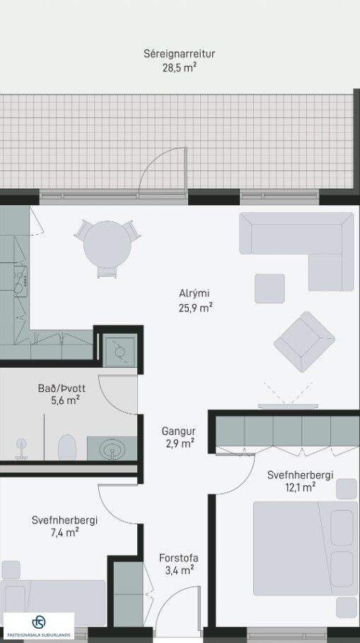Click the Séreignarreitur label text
pyautogui.click(x=179, y=54)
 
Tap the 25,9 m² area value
pyautogui.click(x=195, y=308)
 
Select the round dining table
pyautogui.click(x=108, y=245)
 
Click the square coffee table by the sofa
pyautogui.click(x=269, y=289)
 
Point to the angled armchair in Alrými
pyautogui.click(x=304, y=342)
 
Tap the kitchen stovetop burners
pyautogui.click(x=20, y=281)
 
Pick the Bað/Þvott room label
pyautogui.click(x=62, y=388)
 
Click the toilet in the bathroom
pyautogui.click(x=67, y=447)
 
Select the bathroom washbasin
pyautogui.click(x=112, y=448)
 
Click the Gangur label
pyautogui.click(x=178, y=431)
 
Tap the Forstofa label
pyautogui.click(x=178, y=557)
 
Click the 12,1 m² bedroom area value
pyautogui.click(x=301, y=487)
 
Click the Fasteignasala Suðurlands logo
pyautogui.click(x=39, y=626)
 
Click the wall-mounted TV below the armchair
pyautogui.click(x=288, y=407)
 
